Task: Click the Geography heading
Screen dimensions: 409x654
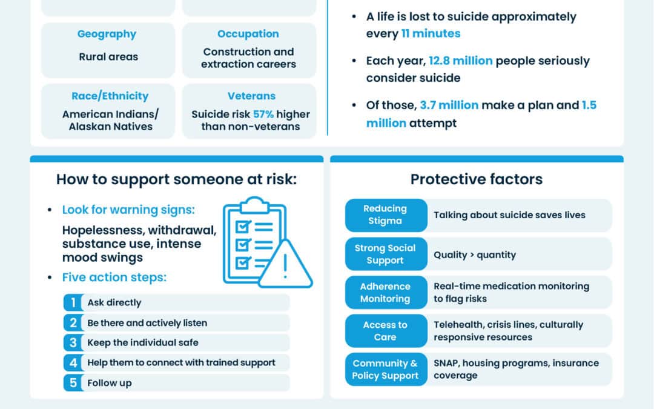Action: tap(107, 34)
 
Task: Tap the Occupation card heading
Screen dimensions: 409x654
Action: tap(248, 34)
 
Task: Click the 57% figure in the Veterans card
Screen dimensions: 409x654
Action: tap(263, 114)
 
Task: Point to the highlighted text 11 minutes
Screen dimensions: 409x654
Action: tap(431, 33)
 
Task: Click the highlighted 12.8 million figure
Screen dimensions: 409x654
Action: tap(460, 61)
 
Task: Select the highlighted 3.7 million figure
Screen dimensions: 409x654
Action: tap(449, 105)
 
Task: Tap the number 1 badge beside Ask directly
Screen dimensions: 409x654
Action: tap(73, 302)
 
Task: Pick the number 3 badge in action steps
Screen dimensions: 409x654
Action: tap(73, 342)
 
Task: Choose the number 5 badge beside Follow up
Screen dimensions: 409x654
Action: tap(73, 382)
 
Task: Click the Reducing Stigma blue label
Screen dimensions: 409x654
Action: tap(385, 214)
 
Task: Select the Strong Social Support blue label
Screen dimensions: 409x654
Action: tap(385, 254)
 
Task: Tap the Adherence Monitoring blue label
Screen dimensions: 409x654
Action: tap(385, 292)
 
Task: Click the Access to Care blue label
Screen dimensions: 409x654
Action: tap(385, 331)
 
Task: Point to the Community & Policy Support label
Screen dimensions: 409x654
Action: tap(385, 369)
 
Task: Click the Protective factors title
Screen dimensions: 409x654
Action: tap(477, 179)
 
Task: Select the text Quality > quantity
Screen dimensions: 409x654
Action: tap(475, 254)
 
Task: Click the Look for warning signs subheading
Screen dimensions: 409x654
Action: tap(128, 210)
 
